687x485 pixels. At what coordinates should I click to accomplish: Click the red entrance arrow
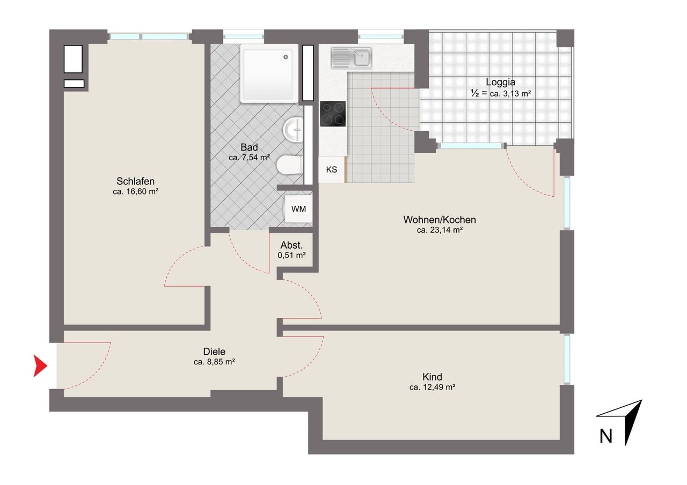pos(39,365)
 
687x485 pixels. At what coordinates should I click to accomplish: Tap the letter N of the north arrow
pos(606,436)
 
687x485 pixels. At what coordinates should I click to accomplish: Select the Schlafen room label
pos(135,181)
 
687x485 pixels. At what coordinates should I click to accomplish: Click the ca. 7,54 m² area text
pos(249,158)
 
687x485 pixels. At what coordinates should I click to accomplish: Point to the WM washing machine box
pos(298,209)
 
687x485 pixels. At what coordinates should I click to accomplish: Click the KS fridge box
pos(332,170)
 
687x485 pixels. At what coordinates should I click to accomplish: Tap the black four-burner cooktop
pos(333,114)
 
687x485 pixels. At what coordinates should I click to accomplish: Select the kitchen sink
pos(352,57)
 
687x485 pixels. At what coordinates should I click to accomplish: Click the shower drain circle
pos(286,57)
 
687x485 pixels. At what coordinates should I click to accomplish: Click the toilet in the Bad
pos(290,166)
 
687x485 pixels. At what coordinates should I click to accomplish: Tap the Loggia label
pos(500,82)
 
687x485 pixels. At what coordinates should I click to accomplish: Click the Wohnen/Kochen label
pos(440,220)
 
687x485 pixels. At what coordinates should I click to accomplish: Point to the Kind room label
pos(432,377)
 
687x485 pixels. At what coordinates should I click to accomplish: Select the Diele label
pos(214,351)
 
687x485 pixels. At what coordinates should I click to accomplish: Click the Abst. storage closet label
pos(291,245)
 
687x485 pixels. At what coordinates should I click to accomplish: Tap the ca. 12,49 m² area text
pos(432,387)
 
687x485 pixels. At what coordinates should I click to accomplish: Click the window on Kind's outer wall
pos(567,360)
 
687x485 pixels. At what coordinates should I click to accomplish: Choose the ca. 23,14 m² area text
pos(440,230)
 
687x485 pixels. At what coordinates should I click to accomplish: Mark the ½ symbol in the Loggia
pos(475,93)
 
